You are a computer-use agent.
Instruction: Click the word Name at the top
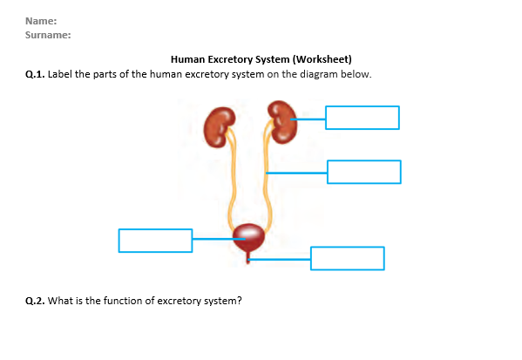point(39,21)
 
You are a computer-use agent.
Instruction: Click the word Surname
point(46,35)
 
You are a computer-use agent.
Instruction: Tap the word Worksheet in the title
point(322,59)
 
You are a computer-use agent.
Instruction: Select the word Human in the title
point(187,59)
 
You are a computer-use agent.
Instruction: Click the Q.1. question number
point(35,74)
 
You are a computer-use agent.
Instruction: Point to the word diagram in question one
point(319,74)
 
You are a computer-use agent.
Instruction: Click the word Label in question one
point(59,74)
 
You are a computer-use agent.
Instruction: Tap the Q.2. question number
point(35,301)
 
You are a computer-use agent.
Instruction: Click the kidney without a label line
point(219,127)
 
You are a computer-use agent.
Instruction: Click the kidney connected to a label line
point(282,122)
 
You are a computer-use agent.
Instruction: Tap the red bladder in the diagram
point(248,238)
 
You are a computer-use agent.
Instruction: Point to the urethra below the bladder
point(247,258)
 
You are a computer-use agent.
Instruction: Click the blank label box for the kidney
point(363,118)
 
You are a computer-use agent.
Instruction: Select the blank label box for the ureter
point(364,172)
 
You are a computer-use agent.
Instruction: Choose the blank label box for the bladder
point(155,241)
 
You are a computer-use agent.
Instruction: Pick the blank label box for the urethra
point(348,258)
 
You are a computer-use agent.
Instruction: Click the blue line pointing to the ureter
point(296,173)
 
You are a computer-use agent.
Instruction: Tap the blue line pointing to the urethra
point(280,259)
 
